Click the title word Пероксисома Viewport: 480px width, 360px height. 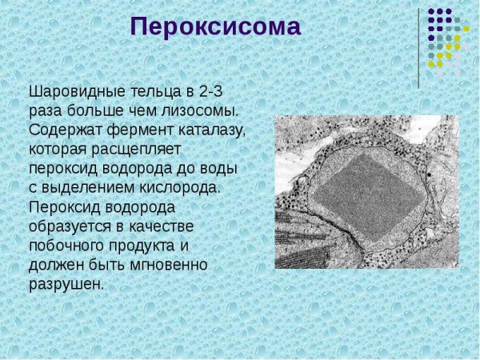215,27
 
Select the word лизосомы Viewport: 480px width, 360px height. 202,110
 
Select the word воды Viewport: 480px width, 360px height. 221,168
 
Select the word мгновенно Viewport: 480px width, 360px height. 170,265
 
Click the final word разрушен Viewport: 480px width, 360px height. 66,284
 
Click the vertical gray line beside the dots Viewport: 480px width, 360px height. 418,48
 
